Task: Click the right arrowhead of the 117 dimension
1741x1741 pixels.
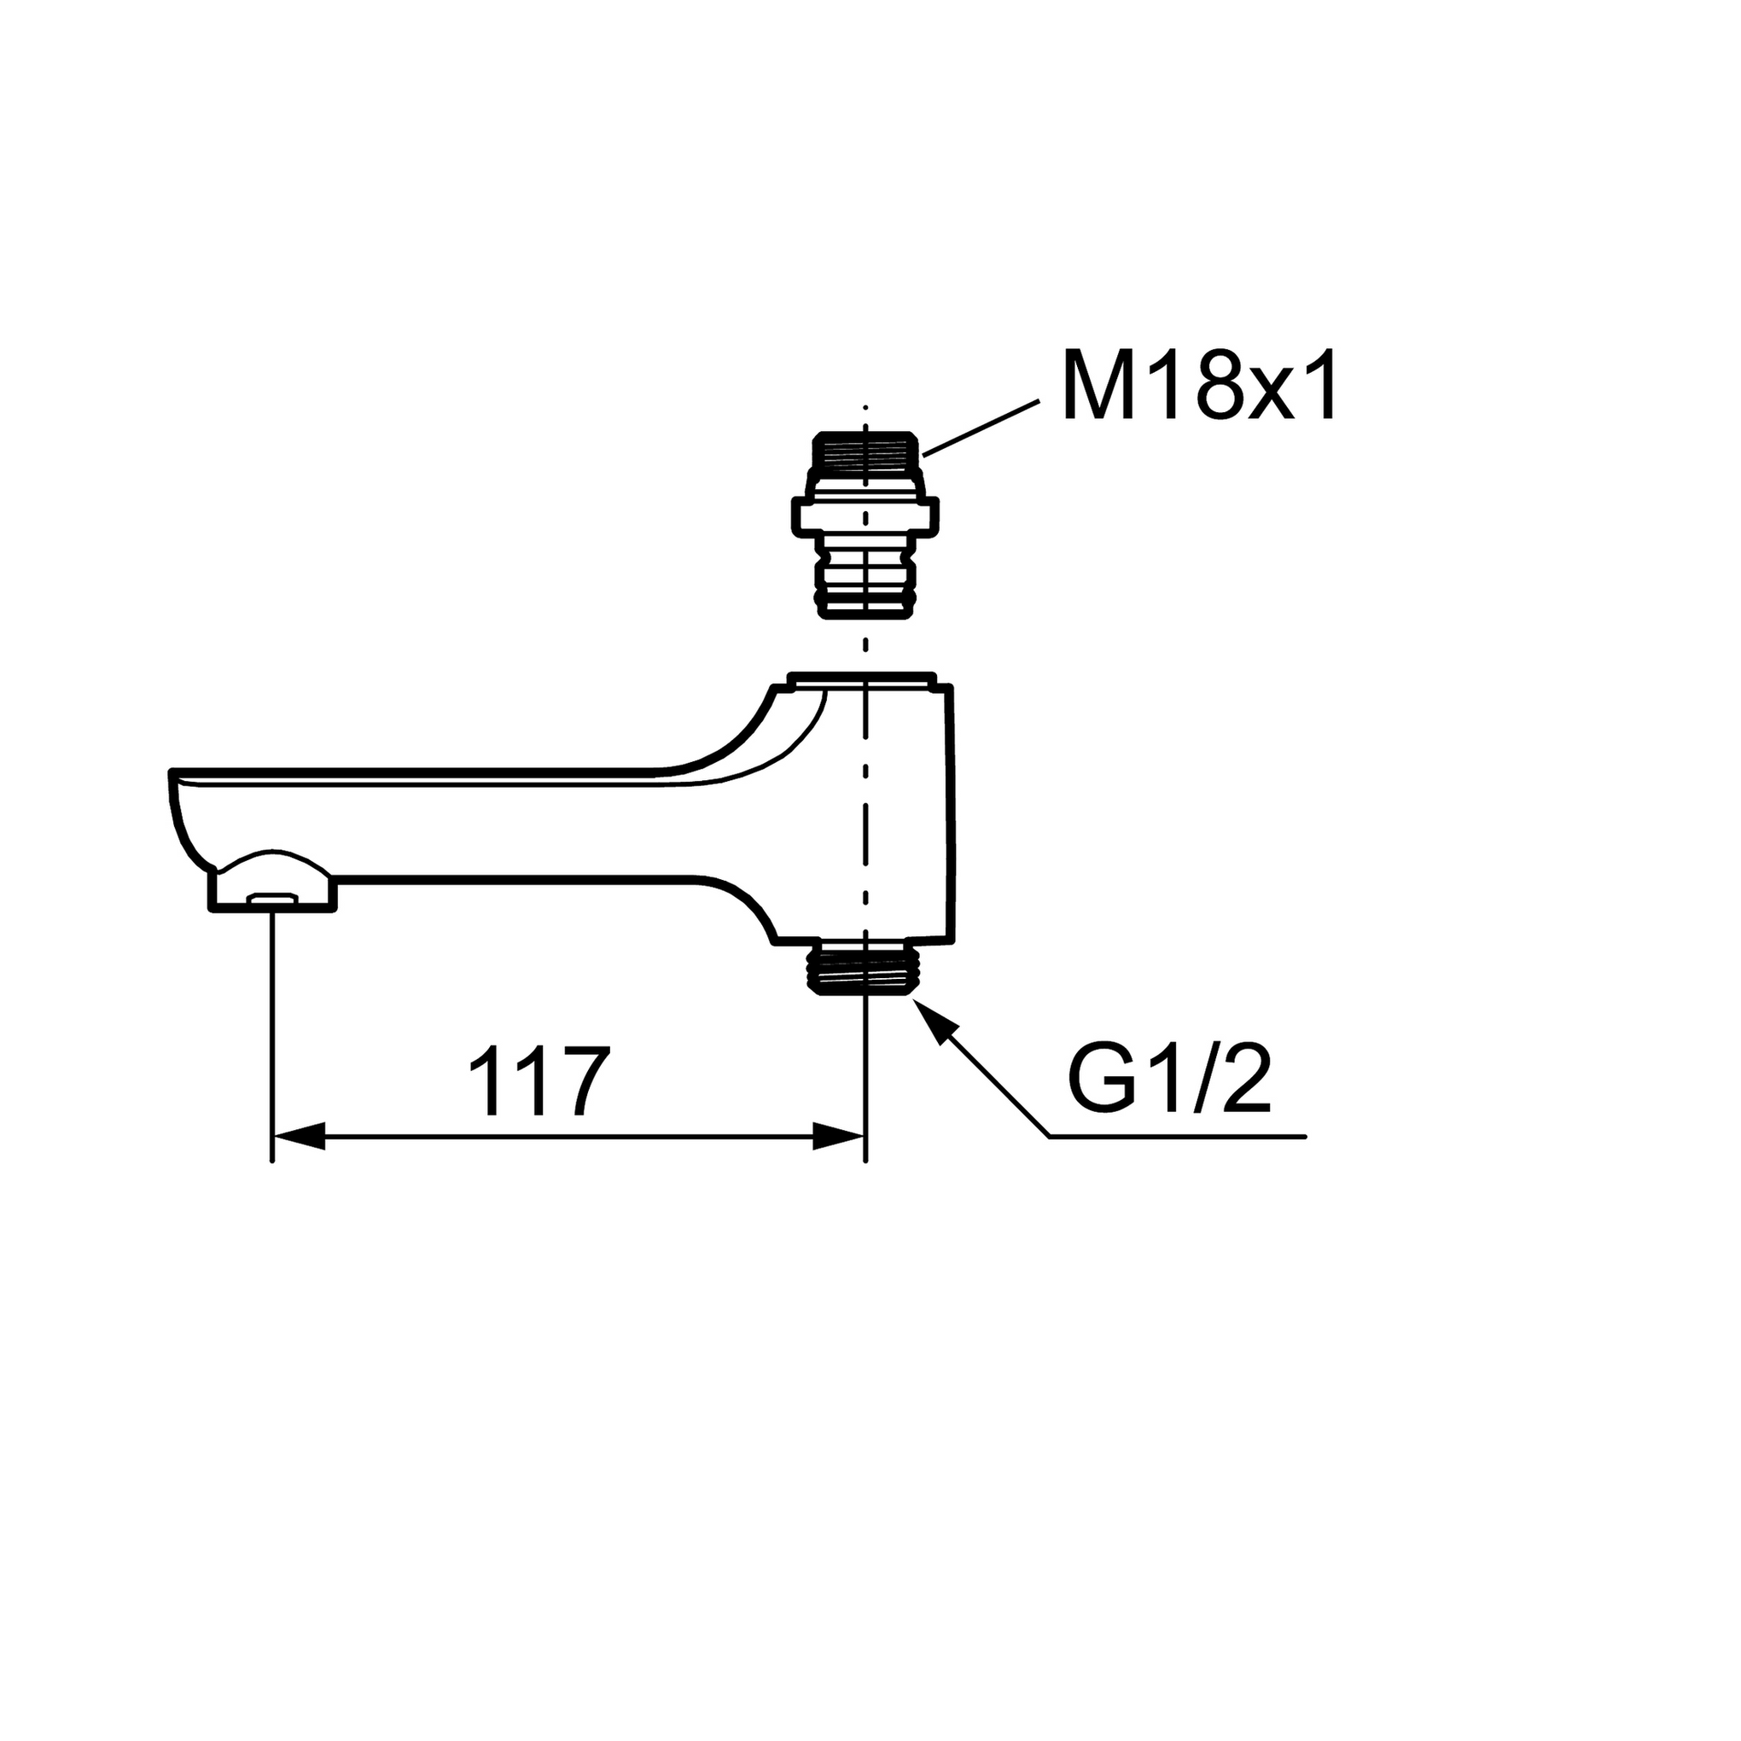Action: point(839,1136)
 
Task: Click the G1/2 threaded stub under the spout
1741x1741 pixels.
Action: point(865,969)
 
